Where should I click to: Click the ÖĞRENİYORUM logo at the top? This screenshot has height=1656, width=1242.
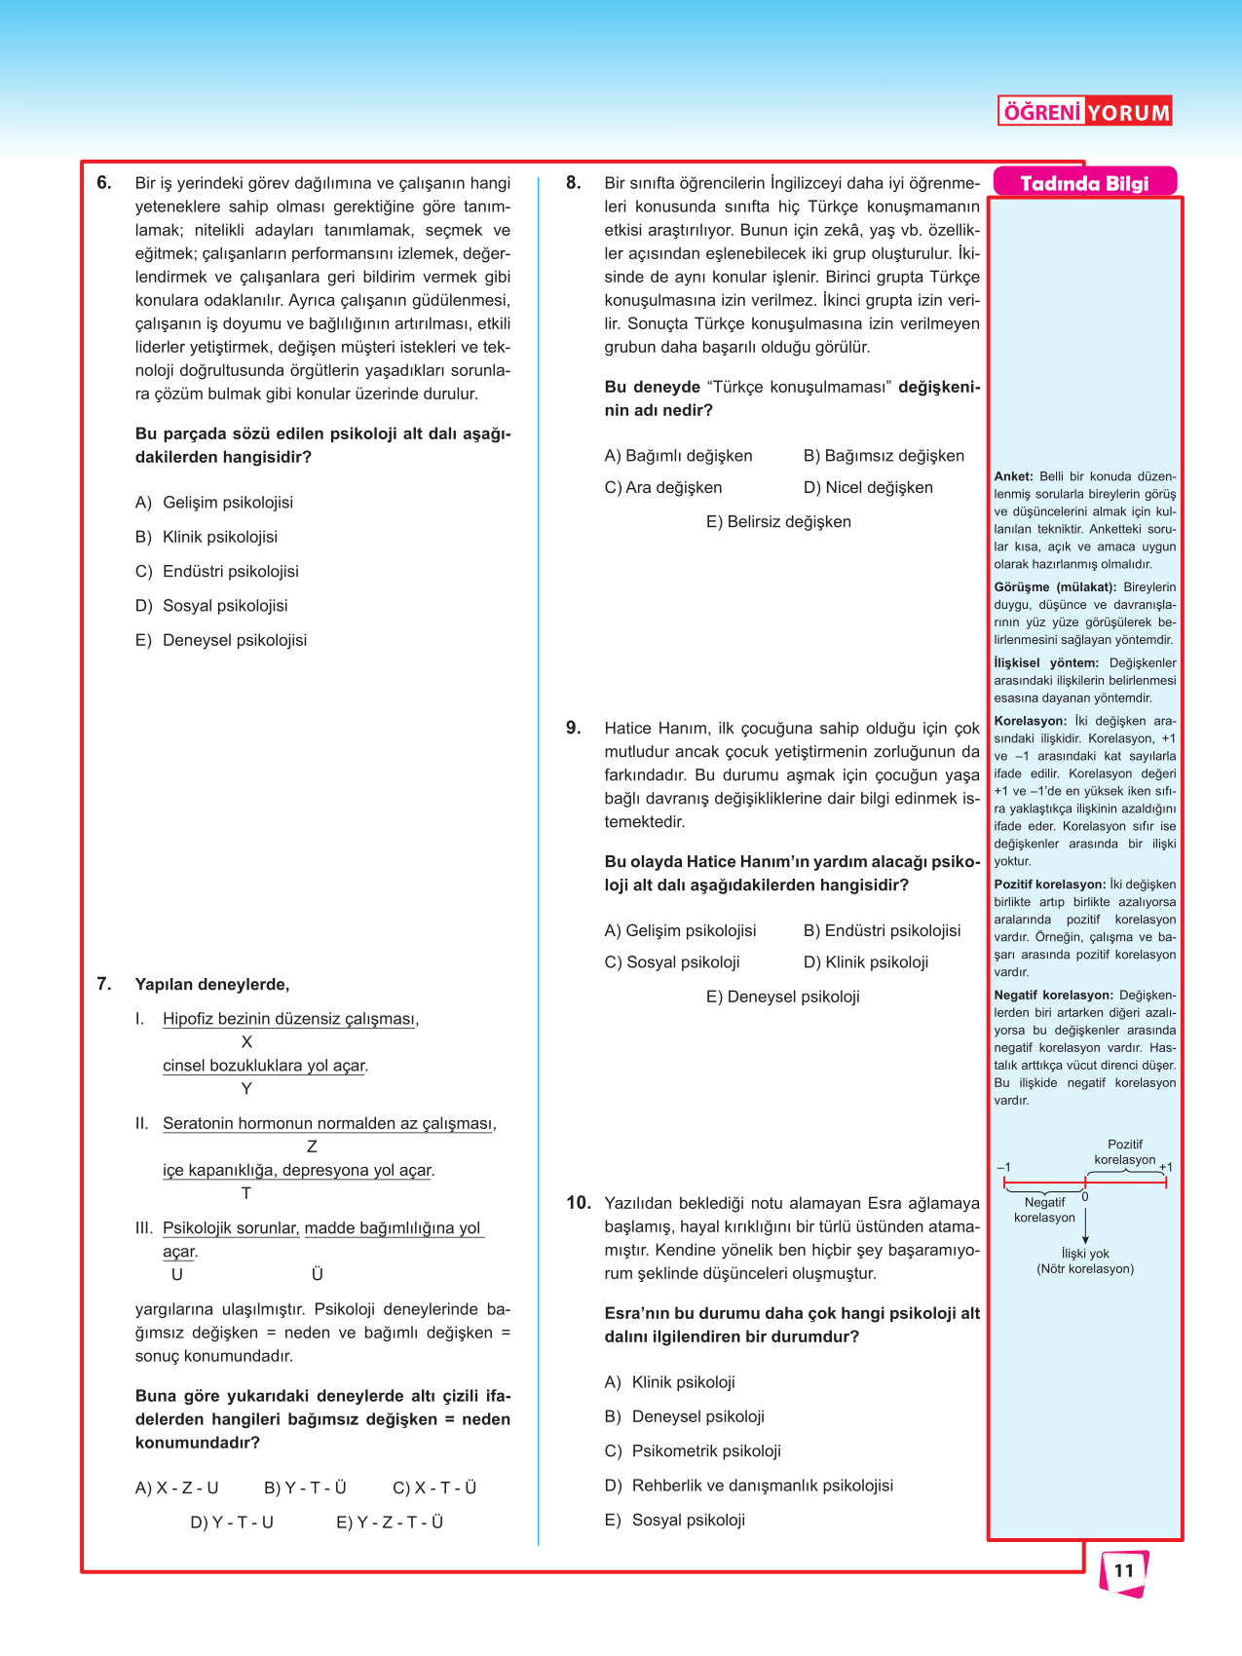coord(1084,111)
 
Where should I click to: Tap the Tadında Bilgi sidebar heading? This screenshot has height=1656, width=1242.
coord(1084,183)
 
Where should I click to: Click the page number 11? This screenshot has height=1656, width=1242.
coord(1124,1570)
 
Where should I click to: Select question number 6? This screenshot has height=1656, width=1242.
coord(104,182)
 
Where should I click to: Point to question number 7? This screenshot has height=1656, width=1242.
coord(104,984)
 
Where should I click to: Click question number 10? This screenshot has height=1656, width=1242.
coord(579,1202)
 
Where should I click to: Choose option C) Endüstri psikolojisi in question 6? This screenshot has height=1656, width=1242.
coord(217,571)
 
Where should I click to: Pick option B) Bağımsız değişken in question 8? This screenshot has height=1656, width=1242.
coord(884,456)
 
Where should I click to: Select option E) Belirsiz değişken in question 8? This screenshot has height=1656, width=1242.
coord(778,521)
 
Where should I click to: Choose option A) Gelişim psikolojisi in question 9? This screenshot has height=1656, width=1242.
coord(680,930)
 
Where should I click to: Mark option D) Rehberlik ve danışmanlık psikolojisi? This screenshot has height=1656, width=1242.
coord(749,1485)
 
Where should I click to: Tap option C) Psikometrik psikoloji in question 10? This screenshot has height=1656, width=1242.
coord(693,1450)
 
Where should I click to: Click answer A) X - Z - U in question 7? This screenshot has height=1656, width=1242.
coord(176,1487)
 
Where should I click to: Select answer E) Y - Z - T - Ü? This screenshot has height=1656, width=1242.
coord(390,1522)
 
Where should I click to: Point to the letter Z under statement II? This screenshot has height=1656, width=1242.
coord(312,1147)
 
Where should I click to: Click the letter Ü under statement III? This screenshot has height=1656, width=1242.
coord(317,1274)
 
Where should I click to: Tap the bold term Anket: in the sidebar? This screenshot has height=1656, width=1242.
coord(1013,476)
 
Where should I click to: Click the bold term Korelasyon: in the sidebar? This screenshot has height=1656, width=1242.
coord(1030,721)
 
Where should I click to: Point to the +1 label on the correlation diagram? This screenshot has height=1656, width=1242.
coord(1166,1167)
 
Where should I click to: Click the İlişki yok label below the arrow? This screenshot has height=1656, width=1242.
coord(1085,1254)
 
